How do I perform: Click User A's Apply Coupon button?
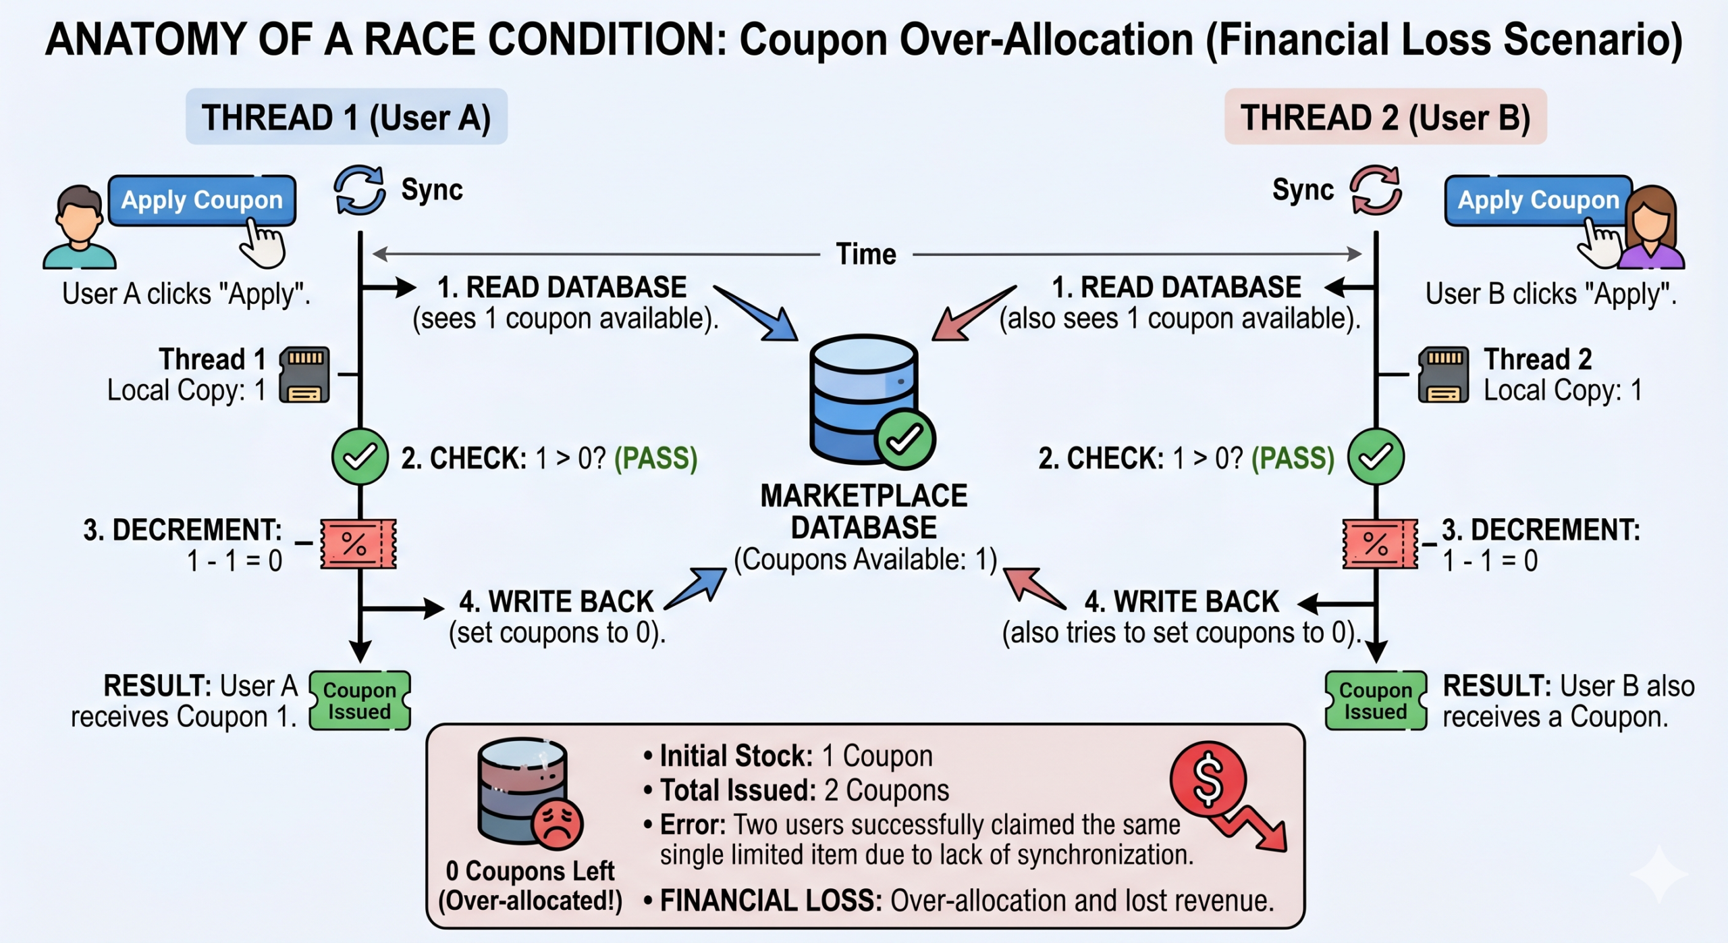pyautogui.click(x=201, y=200)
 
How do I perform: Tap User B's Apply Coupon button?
pyautogui.click(x=1538, y=200)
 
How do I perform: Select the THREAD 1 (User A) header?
pyautogui.click(x=346, y=117)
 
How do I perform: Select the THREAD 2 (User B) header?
pyautogui.click(x=1385, y=117)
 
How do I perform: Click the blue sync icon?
pyautogui.click(x=360, y=190)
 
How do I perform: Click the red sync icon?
pyautogui.click(x=1376, y=190)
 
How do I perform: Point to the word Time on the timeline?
pyautogui.click(x=866, y=255)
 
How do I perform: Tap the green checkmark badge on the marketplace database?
pyautogui.click(x=905, y=439)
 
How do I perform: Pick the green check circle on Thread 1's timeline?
pyautogui.click(x=360, y=457)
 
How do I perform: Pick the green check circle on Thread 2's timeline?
pyautogui.click(x=1376, y=457)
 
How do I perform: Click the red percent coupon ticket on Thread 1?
pyautogui.click(x=358, y=544)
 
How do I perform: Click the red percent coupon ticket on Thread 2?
pyautogui.click(x=1380, y=544)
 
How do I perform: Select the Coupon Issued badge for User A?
pyautogui.click(x=359, y=700)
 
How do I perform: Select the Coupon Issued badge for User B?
pyautogui.click(x=1376, y=700)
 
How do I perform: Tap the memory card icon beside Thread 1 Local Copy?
pyautogui.click(x=305, y=375)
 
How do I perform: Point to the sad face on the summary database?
pyautogui.click(x=557, y=823)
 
